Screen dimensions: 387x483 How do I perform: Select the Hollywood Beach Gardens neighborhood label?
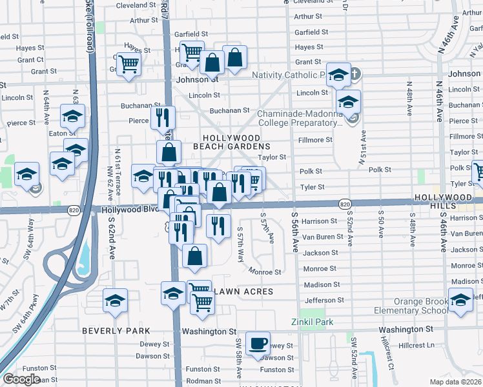point(231,142)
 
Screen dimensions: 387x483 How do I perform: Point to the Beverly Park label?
point(107,330)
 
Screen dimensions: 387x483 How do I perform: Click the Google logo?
point(21,379)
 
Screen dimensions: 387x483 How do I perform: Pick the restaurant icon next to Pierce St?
point(163,117)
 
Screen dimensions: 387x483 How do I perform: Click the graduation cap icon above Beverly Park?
point(115,301)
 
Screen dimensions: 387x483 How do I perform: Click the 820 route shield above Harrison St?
point(344,204)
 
